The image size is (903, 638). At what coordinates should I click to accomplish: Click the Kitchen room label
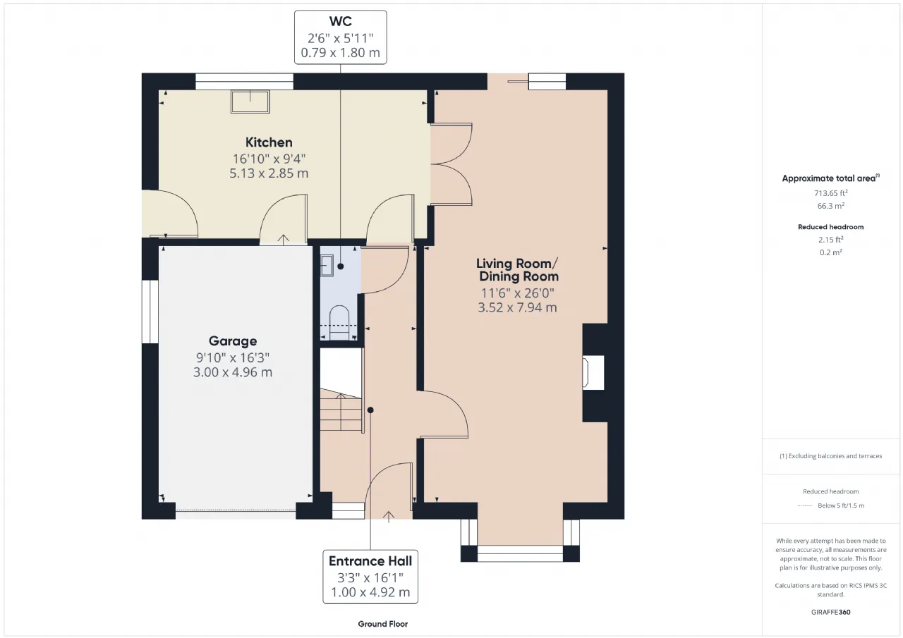click(269, 142)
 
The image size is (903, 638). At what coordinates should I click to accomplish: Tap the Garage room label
click(233, 341)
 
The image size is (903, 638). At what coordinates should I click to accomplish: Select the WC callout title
click(340, 21)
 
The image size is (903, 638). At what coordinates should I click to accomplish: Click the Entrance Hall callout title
click(370, 561)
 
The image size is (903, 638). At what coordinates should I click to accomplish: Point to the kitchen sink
click(250, 102)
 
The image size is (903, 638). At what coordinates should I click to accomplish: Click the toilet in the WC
click(339, 322)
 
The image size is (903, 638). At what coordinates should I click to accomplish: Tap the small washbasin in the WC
click(327, 266)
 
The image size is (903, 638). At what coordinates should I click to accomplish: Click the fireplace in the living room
click(593, 372)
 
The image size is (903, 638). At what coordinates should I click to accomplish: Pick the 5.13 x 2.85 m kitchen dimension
click(269, 173)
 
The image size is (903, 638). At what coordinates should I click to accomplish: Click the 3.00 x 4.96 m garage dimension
click(233, 372)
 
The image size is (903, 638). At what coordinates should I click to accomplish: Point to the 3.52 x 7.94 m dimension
click(517, 308)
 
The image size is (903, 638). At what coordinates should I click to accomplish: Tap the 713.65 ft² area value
click(830, 193)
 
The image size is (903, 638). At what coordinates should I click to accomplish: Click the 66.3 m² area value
click(830, 206)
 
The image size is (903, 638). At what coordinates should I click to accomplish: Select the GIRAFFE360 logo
click(830, 612)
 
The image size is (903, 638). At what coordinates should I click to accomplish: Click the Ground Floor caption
click(382, 624)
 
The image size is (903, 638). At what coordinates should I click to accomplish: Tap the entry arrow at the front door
click(388, 517)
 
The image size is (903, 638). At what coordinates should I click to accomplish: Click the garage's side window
click(150, 312)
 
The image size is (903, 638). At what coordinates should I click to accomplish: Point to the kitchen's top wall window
click(244, 81)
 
